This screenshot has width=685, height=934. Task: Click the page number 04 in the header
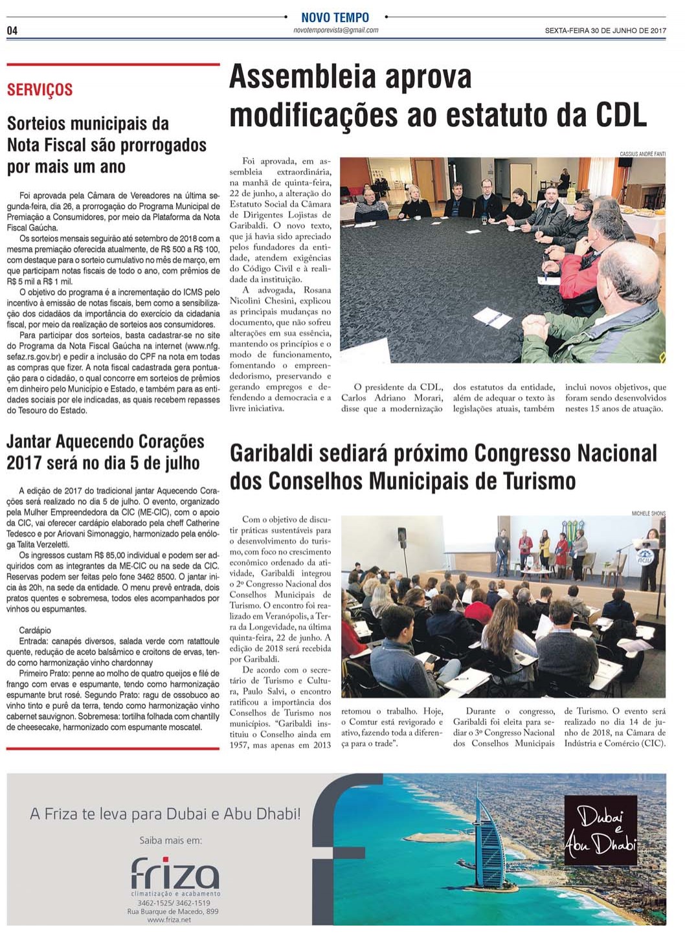pos(12,30)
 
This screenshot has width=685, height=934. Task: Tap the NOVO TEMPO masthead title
pos(335,17)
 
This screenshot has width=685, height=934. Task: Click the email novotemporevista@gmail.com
pos(335,30)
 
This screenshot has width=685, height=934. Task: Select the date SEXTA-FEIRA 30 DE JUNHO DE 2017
pos(605,30)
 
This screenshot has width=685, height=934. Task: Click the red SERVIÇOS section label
pos(39,90)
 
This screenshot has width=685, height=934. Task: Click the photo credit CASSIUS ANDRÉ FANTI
pos(642,154)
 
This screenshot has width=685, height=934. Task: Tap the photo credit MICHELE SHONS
pos(648,513)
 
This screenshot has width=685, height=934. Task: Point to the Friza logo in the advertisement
pos(175,874)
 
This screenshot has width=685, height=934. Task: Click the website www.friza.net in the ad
pos(169,920)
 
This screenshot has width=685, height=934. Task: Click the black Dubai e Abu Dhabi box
pos(600,830)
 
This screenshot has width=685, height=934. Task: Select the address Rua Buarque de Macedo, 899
pos(172,911)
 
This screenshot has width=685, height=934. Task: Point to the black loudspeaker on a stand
pos(402,537)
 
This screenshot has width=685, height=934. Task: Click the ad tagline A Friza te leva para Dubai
pos(165,814)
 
